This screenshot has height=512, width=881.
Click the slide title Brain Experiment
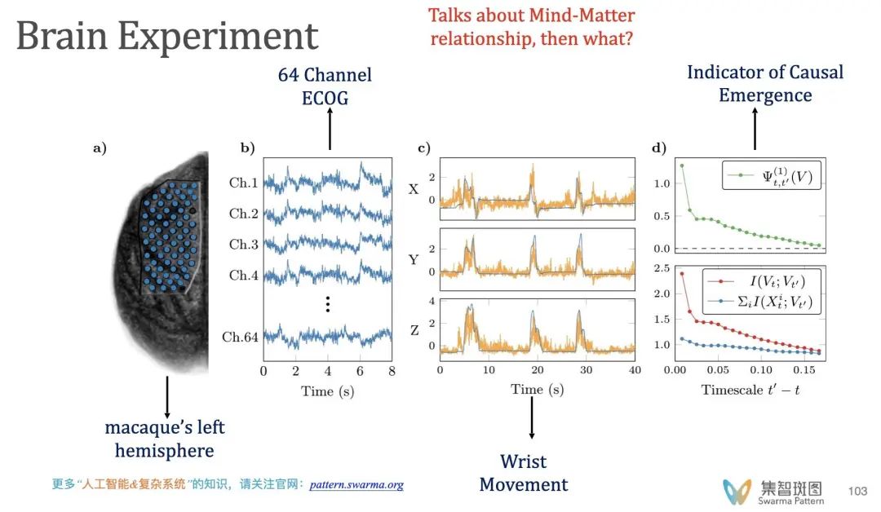(167, 38)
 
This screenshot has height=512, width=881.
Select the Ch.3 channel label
(242, 245)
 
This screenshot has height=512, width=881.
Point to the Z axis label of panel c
(414, 330)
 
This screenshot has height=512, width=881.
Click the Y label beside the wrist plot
(414, 261)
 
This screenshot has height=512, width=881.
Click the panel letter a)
(100, 148)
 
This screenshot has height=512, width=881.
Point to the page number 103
(857, 491)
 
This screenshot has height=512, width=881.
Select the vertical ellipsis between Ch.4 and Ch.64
(327, 304)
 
